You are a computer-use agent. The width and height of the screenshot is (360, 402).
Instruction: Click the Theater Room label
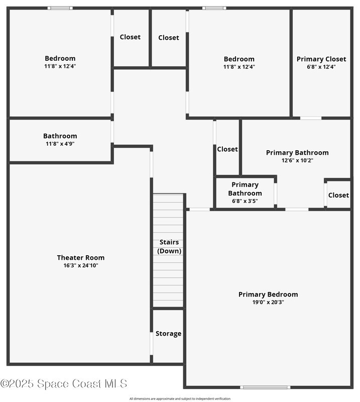(x=80, y=258)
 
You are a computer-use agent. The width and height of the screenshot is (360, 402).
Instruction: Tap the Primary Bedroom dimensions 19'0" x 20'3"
(x=268, y=303)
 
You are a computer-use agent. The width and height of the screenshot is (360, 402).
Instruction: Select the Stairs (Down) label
(x=169, y=247)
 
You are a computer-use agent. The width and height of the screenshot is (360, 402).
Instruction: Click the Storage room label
(x=168, y=334)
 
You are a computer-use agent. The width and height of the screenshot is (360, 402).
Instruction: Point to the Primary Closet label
(x=321, y=59)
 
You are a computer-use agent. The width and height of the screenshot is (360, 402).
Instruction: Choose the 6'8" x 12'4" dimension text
(x=321, y=66)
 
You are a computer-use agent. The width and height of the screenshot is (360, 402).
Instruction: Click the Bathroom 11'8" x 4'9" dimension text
(x=60, y=144)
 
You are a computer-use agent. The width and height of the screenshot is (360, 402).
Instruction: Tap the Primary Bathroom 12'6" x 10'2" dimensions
(x=297, y=161)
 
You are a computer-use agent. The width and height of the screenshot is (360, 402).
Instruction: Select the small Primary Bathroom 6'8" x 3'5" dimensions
(x=245, y=201)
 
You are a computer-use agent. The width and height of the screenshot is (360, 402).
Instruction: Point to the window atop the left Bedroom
(x=60, y=8)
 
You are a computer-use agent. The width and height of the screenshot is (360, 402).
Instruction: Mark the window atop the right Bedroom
(x=214, y=8)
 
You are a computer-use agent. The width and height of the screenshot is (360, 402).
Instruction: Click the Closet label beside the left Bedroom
(x=130, y=37)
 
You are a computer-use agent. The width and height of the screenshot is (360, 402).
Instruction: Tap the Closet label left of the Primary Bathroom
(x=227, y=149)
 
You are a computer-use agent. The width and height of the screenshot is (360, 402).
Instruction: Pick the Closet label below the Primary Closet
(x=338, y=195)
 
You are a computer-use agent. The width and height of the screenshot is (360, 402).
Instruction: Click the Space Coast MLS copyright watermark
(x=64, y=384)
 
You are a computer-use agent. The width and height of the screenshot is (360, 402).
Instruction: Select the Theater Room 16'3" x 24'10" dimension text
(x=80, y=265)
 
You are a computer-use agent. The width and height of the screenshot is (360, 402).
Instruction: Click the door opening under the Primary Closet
(x=311, y=118)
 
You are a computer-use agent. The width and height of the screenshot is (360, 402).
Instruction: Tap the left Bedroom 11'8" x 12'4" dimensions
(x=60, y=66)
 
